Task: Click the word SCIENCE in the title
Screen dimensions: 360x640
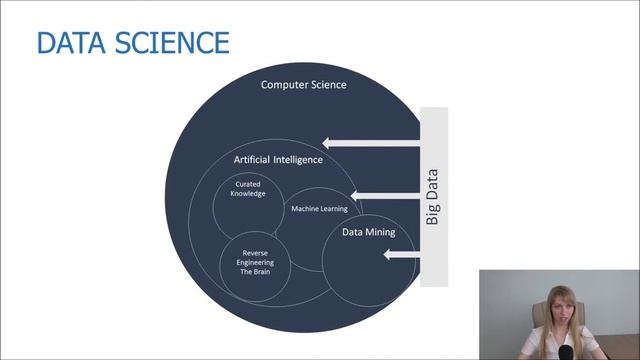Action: tap(172, 43)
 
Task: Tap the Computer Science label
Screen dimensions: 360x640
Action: tap(304, 85)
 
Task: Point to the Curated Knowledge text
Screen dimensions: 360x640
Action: tap(250, 189)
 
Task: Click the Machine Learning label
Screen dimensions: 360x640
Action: tap(319, 208)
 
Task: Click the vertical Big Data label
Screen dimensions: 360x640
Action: tap(433, 196)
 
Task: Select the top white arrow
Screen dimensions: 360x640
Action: tap(370, 143)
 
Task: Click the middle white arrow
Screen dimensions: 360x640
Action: tap(385, 194)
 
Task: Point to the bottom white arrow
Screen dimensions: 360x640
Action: tap(400, 255)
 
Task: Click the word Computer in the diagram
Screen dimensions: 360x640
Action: tap(283, 85)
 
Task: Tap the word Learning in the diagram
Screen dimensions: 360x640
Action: tap(331, 208)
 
